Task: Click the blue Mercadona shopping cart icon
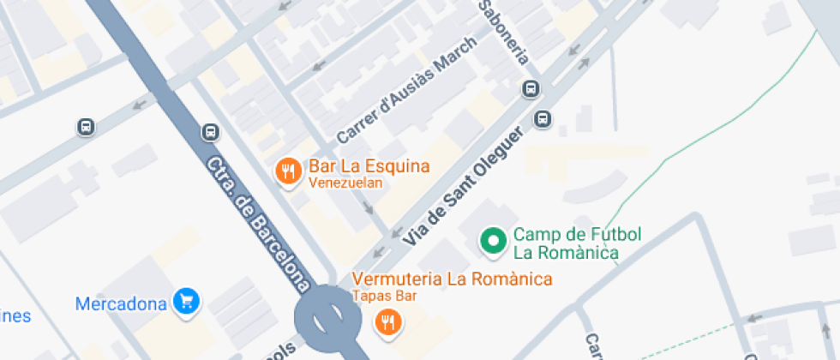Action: pyautogui.click(x=186, y=301)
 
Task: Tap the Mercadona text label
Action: pyautogui.click(x=120, y=303)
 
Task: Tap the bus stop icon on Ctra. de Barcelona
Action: pyautogui.click(x=211, y=132)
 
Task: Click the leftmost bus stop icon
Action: pyautogui.click(x=86, y=127)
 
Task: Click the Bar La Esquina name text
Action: pyautogui.click(x=369, y=165)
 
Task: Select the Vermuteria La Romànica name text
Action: pyautogui.click(x=452, y=279)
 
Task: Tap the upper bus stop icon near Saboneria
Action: pyautogui.click(x=531, y=89)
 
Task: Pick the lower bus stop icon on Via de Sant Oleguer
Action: pyautogui.click(x=543, y=118)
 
